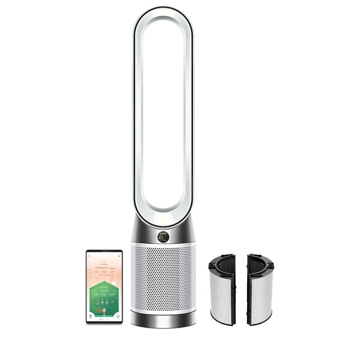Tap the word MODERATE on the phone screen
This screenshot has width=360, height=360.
(102, 267)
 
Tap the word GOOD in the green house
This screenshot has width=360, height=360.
(104, 291)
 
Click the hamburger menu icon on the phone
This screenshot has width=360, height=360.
(89, 256)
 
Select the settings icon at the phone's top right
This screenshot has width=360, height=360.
(119, 256)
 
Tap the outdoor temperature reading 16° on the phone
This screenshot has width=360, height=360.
(96, 273)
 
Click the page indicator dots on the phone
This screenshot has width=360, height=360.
(104, 319)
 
